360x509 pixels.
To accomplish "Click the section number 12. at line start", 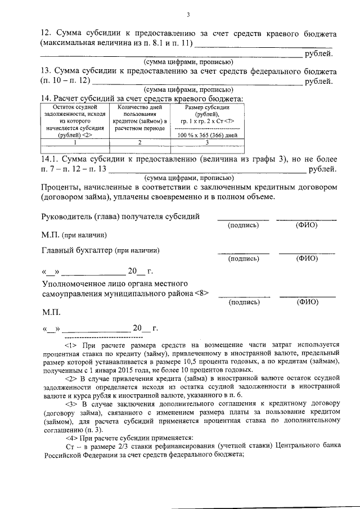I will tap(47, 33).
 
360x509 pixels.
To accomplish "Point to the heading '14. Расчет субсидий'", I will tap(84, 98).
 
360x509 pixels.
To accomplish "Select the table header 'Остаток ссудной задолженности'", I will tap(70, 120).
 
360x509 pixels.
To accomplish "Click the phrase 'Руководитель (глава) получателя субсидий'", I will tap(120, 217).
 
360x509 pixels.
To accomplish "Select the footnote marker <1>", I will tap(71, 345).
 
